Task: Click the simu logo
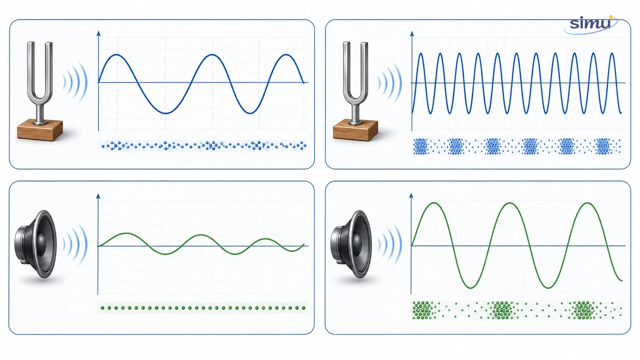tap(591, 24)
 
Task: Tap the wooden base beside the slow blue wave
tap(39, 130)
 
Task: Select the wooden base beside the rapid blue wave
tap(355, 130)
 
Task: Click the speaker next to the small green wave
tap(35, 244)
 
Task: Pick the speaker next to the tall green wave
tap(351, 244)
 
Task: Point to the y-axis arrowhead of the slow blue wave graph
tap(98, 33)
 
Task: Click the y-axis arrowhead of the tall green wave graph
tap(411, 195)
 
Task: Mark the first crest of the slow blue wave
tap(116, 54)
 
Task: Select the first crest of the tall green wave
tap(434, 203)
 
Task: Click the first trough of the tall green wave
tap(470, 287)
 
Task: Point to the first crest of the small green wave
tap(125, 233)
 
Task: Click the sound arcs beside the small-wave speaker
tap(74, 244)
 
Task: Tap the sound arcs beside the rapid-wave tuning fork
tap(389, 83)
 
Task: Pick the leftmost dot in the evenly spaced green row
tap(102, 308)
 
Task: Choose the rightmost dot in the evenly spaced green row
tap(303, 308)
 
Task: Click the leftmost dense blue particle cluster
tap(420, 146)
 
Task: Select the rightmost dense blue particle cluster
tap(603, 146)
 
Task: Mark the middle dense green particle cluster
tap(501, 309)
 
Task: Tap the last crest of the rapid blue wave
tap(612, 53)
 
